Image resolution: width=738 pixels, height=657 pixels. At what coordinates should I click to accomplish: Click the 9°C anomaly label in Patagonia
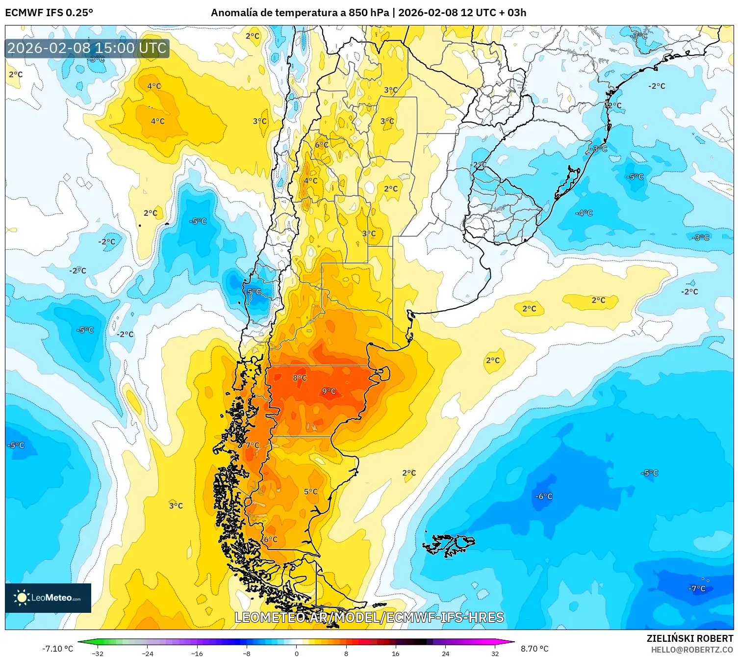[329, 391]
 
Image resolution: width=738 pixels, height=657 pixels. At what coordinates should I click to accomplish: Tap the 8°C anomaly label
[300, 378]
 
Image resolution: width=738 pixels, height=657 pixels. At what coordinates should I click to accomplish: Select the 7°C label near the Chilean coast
[253, 445]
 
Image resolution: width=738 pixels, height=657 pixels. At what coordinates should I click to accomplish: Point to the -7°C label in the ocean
[697, 588]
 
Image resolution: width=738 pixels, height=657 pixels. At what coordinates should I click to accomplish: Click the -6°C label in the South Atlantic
[544, 496]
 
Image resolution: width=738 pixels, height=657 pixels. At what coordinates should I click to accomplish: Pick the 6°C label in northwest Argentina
[322, 145]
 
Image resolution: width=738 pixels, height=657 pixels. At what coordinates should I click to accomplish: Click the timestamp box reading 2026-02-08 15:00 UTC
[87, 48]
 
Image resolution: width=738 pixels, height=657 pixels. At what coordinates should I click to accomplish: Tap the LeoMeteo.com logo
[48, 598]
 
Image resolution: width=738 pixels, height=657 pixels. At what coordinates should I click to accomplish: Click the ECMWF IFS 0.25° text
[49, 12]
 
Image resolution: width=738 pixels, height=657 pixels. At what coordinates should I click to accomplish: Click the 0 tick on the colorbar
[296, 653]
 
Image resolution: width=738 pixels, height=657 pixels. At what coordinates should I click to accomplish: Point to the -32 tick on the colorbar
[98, 653]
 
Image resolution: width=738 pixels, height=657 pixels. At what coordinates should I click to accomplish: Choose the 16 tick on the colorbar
[395, 653]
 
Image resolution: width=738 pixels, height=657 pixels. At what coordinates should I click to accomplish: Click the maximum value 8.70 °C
[534, 649]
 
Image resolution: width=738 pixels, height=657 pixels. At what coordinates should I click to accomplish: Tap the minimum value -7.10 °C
[58, 649]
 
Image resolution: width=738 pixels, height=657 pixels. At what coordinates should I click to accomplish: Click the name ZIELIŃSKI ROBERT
[689, 638]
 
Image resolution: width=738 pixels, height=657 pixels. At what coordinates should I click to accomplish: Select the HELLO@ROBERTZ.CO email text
[692, 650]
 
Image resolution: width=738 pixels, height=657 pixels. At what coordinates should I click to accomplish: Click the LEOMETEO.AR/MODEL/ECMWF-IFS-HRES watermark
[369, 617]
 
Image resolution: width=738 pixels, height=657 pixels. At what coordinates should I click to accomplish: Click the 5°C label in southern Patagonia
[310, 491]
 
